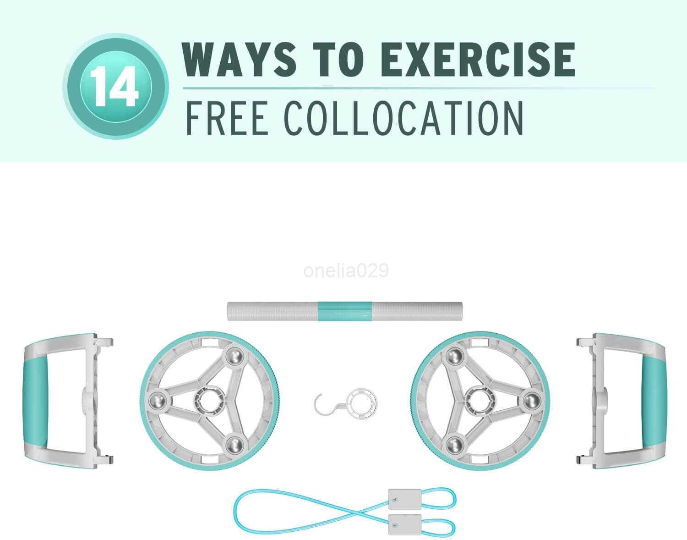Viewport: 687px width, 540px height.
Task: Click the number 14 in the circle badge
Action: pos(114,87)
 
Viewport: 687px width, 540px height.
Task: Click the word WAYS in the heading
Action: pos(239,59)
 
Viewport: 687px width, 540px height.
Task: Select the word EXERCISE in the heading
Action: pos(480,59)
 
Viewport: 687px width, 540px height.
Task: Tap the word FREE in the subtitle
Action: pos(226,119)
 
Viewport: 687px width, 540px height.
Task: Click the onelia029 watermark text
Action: pos(346,271)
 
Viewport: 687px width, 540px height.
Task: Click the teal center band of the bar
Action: pos(344,311)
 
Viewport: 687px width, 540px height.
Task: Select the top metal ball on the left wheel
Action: pos(234,357)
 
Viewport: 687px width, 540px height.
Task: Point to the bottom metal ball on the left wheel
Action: pos(234,446)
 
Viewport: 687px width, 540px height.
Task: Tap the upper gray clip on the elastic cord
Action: pos(405,500)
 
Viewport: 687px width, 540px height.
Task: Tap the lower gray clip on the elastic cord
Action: pos(405,525)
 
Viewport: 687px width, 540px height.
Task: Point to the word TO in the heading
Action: pos(339,59)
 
